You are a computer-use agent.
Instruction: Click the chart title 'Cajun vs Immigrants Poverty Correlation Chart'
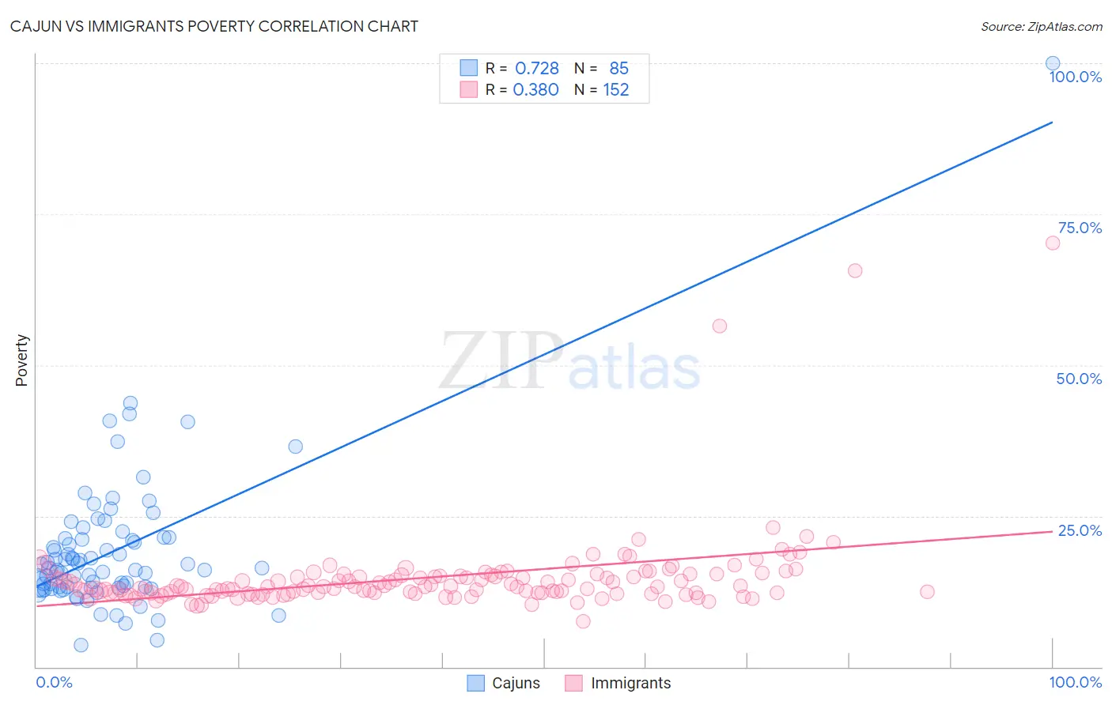(x=214, y=26)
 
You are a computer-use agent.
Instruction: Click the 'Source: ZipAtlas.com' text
(x=1041, y=26)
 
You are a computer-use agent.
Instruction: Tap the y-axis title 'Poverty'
(x=21, y=360)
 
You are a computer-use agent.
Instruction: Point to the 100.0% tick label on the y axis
(x=1075, y=77)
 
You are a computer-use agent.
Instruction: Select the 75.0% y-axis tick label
(x=1080, y=228)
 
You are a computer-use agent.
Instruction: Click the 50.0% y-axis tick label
(x=1079, y=379)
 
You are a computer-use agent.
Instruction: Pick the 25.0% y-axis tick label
(x=1080, y=530)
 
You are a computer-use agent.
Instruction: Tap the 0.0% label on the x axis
(x=54, y=682)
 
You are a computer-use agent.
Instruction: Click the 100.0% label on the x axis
(x=1075, y=682)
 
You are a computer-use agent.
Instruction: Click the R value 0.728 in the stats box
(x=537, y=69)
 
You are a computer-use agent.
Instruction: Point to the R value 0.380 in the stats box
(x=535, y=90)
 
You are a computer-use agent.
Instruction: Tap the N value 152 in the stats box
(x=616, y=90)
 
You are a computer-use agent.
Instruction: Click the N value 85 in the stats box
(x=618, y=69)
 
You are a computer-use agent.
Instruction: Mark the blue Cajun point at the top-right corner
(x=1053, y=63)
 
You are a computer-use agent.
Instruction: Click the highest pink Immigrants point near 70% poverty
(x=1053, y=243)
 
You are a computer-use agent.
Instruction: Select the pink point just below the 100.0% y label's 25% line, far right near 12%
(x=927, y=592)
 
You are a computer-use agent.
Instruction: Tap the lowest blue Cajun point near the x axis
(x=81, y=645)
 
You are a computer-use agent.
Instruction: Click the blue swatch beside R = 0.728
(x=469, y=68)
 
